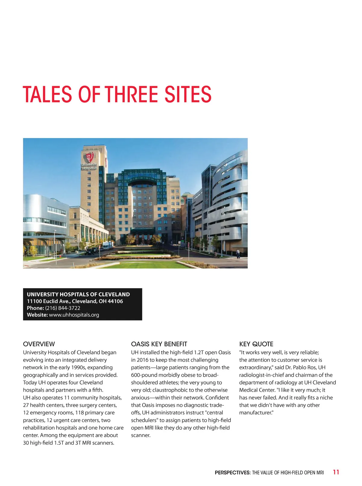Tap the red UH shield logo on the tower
point(89,157)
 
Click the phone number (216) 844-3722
point(63,308)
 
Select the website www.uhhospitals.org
point(74,315)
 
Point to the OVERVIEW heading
point(39,344)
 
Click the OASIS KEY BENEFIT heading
point(159,344)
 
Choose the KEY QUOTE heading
point(256,344)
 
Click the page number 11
point(336,472)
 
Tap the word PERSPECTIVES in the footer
point(233,473)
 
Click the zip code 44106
point(115,301)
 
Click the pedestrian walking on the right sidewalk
point(238,253)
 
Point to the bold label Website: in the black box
point(37,315)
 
